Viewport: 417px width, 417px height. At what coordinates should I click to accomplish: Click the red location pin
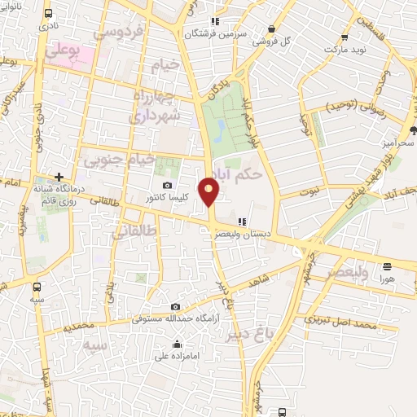[x=210, y=191]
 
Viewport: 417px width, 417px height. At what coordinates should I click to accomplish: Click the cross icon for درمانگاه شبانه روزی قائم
[x=59, y=177]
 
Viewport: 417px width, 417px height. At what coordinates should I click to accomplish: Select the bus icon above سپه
[x=36, y=286]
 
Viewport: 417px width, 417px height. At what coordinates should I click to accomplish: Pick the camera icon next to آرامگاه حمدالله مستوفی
[x=176, y=307]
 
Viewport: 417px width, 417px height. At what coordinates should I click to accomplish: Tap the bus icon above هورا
[x=388, y=266]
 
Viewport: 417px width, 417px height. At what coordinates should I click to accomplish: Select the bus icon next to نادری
[x=50, y=15]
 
